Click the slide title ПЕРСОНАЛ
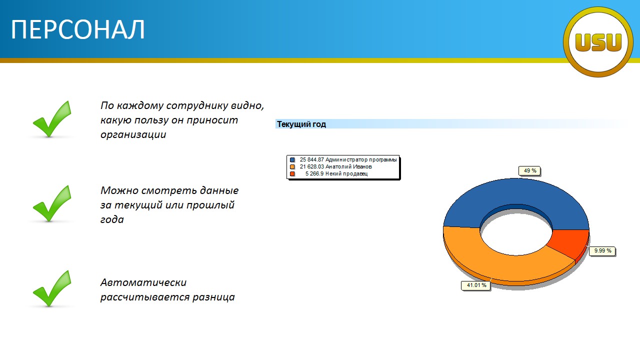(77, 29)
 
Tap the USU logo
(598, 42)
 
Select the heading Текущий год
(301, 124)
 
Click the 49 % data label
(529, 171)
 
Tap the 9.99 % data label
(602, 251)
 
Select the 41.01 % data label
(476, 285)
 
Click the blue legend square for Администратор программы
(292, 159)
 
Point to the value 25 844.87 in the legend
(311, 159)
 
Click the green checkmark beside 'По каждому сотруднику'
(52, 119)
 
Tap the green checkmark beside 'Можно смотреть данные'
(52, 203)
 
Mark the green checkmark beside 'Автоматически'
(52, 288)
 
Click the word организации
(133, 135)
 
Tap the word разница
(213, 297)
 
